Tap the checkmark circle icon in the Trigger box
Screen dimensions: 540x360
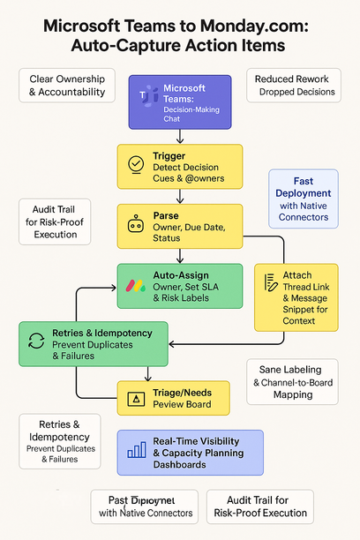tap(135, 164)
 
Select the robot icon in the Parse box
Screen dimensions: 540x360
tap(135, 225)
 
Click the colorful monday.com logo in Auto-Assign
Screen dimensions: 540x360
tap(135, 286)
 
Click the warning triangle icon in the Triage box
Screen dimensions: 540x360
tap(136, 399)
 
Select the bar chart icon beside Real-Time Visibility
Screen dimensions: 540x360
tap(136, 450)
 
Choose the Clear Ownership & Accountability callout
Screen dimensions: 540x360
tap(67, 86)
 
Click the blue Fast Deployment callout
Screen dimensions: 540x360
tap(303, 199)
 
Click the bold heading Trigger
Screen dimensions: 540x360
tap(169, 155)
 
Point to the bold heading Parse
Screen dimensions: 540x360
tap(167, 214)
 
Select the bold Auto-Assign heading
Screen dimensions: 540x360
tap(182, 274)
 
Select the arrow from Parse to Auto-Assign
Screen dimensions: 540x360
tap(180, 255)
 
